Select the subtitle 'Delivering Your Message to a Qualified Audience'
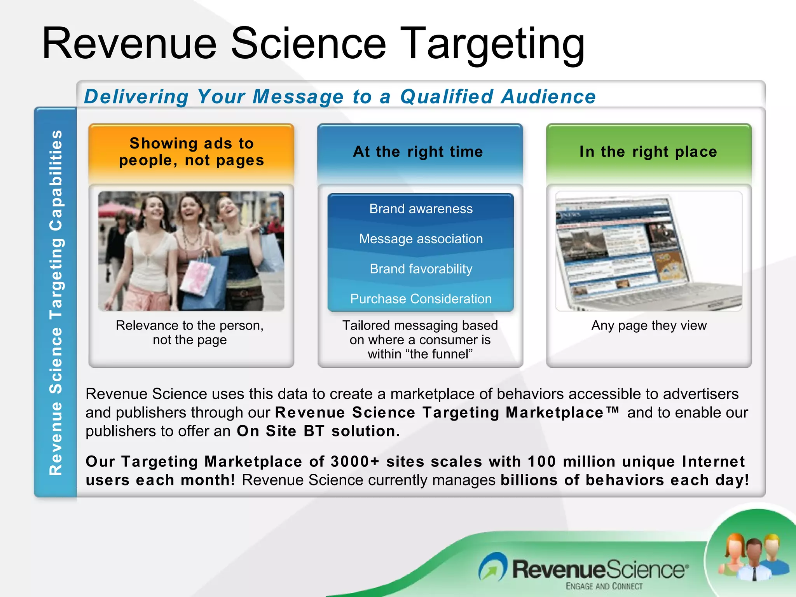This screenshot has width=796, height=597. tap(340, 97)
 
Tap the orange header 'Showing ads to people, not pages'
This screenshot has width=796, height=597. tap(191, 152)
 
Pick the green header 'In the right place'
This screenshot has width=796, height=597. tap(648, 152)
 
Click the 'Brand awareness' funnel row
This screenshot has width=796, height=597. tap(421, 209)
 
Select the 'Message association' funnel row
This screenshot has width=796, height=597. tap(421, 239)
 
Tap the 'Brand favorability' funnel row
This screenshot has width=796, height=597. tap(421, 269)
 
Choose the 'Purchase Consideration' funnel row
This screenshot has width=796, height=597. tap(421, 298)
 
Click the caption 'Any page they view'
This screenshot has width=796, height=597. tap(649, 325)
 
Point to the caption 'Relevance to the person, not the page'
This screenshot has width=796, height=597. tap(190, 332)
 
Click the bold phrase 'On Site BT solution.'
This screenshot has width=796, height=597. tap(318, 431)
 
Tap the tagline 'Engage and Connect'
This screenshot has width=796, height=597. tap(604, 586)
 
